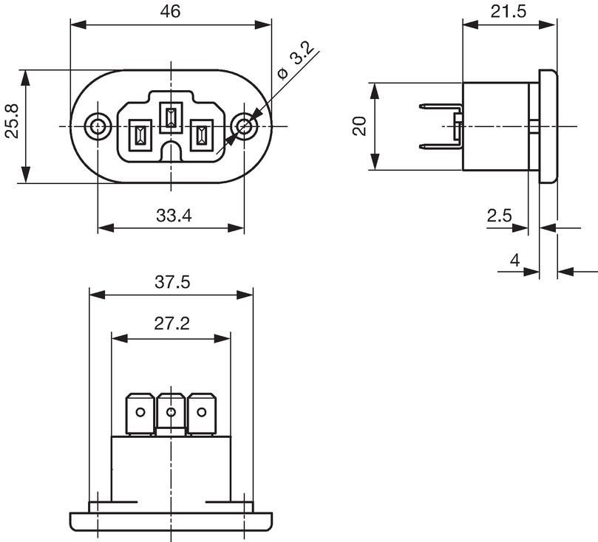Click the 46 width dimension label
pos(170,11)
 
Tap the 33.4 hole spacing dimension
pos(174,216)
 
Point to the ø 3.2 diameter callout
pos(296,62)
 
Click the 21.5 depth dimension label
pos(508,12)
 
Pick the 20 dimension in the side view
pos(360,126)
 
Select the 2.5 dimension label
pos(499,216)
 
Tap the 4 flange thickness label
pos(515,261)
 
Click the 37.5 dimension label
pos(172,283)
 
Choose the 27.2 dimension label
pos(172,323)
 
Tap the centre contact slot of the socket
pos(171,117)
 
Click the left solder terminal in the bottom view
pos(140,414)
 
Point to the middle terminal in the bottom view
pos(171,414)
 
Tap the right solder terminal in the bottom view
pos(202,414)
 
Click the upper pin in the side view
pos(441,106)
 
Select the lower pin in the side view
pos(441,146)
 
